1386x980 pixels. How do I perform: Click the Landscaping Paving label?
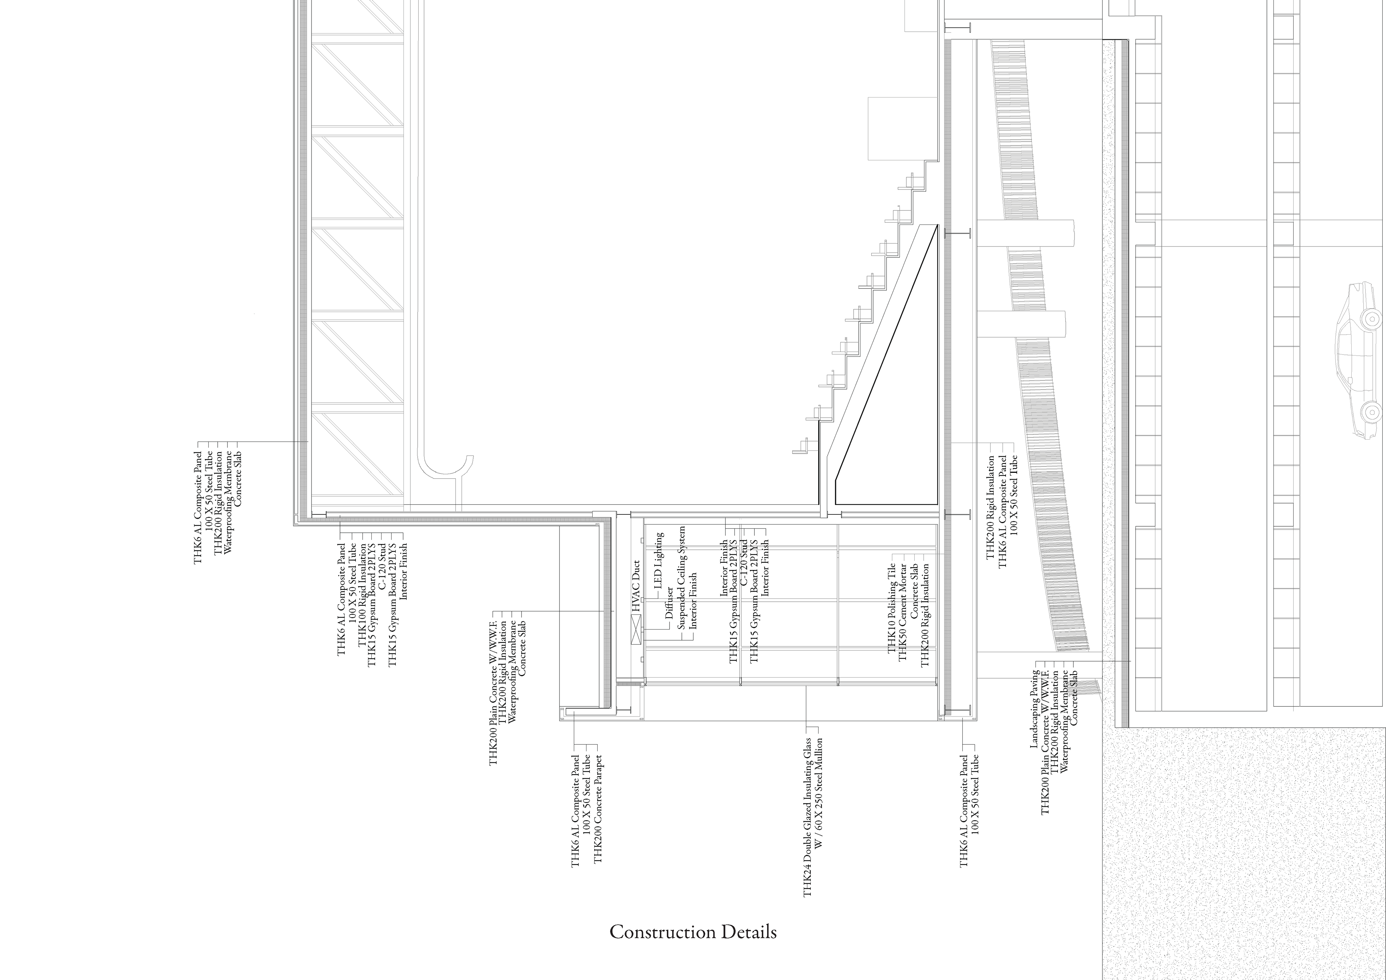1033,710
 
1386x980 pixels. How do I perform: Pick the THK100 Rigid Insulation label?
362,595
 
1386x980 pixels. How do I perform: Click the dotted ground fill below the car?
1238,845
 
